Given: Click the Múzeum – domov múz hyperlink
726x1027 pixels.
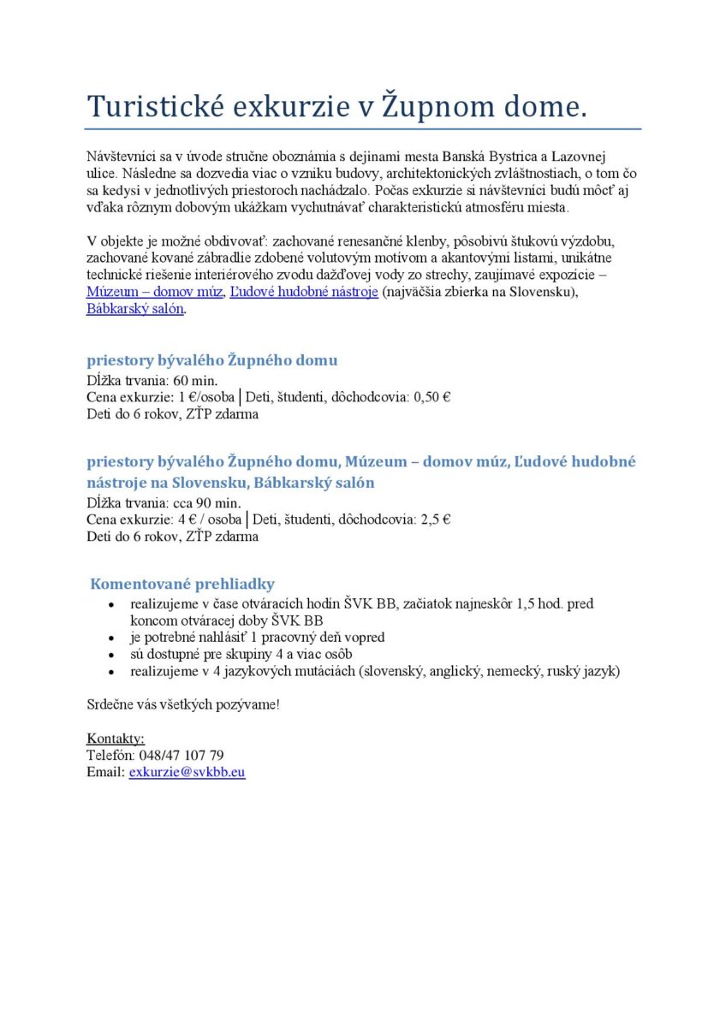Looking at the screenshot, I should click(155, 293).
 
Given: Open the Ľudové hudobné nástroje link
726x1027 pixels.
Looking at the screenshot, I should click(304, 293).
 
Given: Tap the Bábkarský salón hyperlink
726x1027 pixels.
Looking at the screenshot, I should click(135, 309).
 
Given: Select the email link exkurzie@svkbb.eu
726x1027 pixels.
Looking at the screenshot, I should click(187, 771).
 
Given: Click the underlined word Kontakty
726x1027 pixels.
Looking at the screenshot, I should click(116, 739).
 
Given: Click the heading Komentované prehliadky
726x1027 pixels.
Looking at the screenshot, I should click(182, 584).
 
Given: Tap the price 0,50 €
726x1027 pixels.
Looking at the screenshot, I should click(434, 397).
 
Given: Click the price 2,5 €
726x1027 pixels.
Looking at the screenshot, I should click(436, 519).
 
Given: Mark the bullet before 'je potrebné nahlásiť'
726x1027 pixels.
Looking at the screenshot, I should click(112, 638).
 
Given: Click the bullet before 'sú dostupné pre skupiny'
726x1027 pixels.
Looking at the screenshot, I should click(112, 655).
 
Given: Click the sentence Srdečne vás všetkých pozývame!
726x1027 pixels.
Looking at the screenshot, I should click(183, 705).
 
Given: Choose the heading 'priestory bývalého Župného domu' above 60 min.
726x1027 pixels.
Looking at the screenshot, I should click(211, 360).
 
